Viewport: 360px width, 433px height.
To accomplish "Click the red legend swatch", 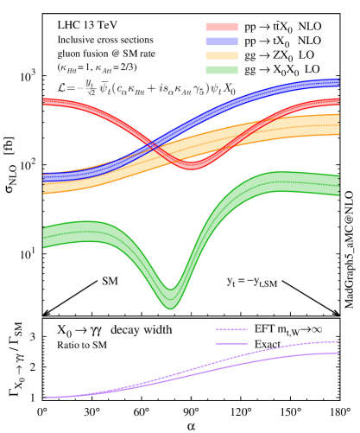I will coord(222,28).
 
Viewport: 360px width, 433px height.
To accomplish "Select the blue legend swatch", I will coord(222,41).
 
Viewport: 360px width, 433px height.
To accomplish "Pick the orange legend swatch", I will coord(222,55).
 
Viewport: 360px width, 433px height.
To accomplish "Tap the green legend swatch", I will coord(222,69).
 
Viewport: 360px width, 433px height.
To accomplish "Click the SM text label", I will coord(111,281).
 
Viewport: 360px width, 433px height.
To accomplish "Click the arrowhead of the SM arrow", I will coord(44,314).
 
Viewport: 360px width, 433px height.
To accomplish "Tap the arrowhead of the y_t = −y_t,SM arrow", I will coord(338,314).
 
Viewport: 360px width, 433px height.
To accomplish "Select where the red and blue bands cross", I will coord(155,145).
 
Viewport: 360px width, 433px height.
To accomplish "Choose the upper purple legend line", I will coord(231,329).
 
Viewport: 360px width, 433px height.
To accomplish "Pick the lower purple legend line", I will coord(231,343).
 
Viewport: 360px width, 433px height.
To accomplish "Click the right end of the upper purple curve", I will coord(338,341).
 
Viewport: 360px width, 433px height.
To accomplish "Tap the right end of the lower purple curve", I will coord(338,353).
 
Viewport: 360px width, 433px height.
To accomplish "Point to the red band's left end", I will coord(44,103).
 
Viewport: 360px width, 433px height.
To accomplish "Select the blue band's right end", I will coord(338,83).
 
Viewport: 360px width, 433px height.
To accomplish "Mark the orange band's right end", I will coord(338,124).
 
